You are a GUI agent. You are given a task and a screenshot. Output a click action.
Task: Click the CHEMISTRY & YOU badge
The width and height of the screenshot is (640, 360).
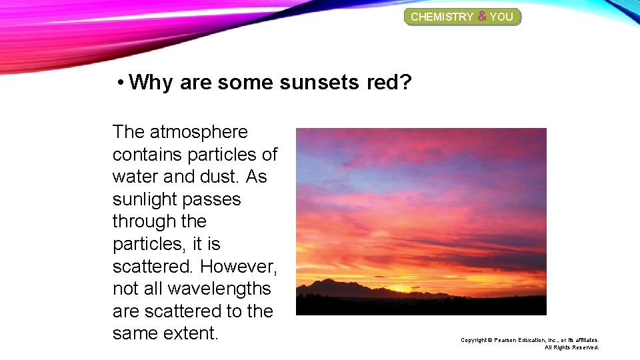tap(462, 17)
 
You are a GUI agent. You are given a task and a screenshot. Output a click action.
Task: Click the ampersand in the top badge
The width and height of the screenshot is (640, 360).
tap(481, 16)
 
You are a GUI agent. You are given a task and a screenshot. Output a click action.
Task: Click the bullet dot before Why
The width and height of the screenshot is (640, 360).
tap(119, 83)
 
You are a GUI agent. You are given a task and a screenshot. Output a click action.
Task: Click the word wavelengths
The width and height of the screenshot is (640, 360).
tap(219, 289)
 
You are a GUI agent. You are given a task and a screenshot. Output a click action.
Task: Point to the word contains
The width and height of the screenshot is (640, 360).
tap(147, 155)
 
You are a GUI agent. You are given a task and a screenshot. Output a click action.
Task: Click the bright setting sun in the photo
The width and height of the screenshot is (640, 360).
tap(400, 288)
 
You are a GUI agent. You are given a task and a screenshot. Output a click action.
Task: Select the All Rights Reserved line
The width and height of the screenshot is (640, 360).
tap(571, 347)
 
